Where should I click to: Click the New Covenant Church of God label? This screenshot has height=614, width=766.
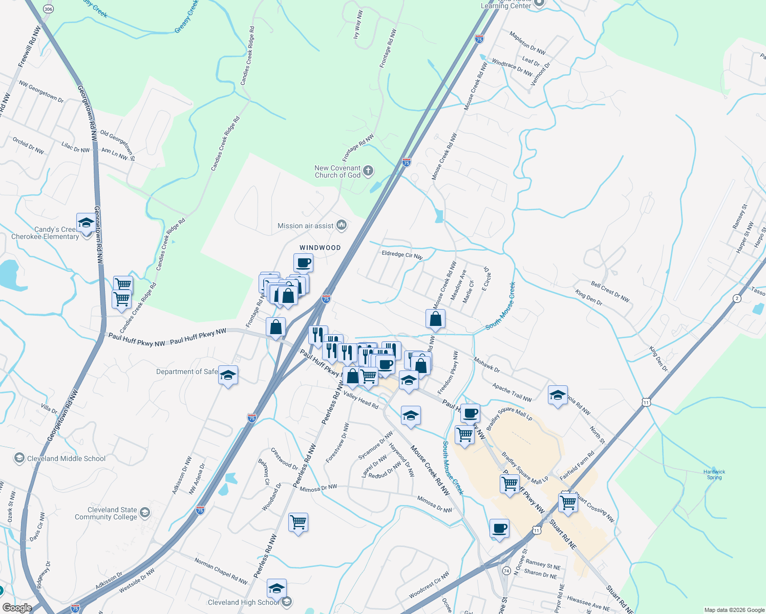coord(337,171)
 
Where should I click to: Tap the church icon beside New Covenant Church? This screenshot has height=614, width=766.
coord(368,171)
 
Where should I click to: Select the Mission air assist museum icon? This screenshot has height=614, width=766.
coord(342,225)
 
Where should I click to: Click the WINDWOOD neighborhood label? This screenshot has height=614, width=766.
coord(320,248)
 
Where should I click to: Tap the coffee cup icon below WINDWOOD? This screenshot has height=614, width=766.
coord(303,263)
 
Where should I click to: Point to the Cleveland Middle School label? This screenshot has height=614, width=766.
coord(66,458)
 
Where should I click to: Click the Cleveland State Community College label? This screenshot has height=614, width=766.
coord(106,513)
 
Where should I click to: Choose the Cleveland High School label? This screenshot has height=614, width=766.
coord(243,602)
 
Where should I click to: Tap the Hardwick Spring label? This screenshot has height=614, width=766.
coord(714,474)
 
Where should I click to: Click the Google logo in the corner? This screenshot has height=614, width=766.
coord(17,607)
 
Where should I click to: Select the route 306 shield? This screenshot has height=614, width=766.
coord(48,9)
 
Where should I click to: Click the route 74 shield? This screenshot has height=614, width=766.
coord(506,570)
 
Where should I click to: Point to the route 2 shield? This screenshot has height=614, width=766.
coord(737,298)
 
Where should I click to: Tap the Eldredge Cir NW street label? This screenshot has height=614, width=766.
coord(402,254)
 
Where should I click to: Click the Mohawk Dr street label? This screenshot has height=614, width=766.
coord(486,365)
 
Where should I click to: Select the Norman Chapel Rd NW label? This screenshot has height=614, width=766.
coord(221,571)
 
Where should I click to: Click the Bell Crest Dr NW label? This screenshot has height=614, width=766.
coord(610,291)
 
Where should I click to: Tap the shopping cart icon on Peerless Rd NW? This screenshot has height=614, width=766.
coord(298,522)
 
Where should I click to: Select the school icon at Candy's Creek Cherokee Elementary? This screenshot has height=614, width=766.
coord(86,223)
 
